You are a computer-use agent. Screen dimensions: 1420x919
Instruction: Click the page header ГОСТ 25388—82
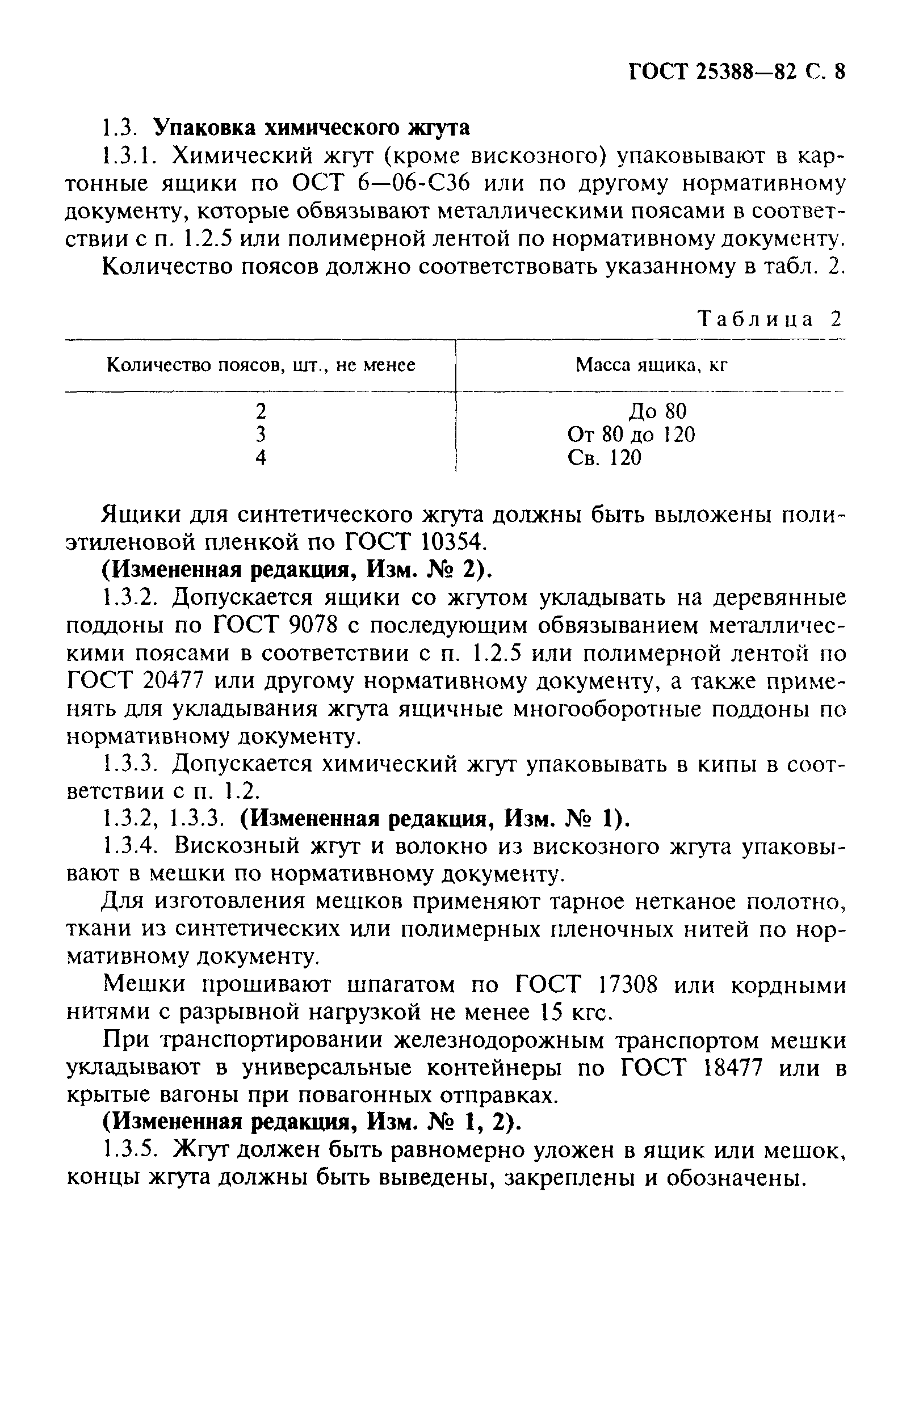click(x=714, y=72)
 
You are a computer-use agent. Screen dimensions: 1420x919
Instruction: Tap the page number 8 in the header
click(x=840, y=72)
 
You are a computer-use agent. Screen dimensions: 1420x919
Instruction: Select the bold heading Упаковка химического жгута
click(x=312, y=128)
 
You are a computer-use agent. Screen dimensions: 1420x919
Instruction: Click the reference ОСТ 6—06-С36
click(x=381, y=184)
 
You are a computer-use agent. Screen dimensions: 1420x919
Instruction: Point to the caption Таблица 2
click(x=770, y=319)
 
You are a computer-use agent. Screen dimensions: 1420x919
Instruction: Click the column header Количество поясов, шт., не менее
click(x=261, y=365)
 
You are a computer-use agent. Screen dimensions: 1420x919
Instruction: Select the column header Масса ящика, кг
click(x=651, y=365)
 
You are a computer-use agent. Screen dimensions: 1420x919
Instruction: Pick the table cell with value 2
click(x=261, y=411)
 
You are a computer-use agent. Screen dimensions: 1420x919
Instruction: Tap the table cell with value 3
click(x=261, y=434)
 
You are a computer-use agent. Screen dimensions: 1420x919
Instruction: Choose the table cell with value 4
click(x=261, y=457)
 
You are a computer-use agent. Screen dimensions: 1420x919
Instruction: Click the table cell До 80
click(x=657, y=411)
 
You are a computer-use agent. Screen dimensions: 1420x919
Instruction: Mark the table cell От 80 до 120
click(x=631, y=434)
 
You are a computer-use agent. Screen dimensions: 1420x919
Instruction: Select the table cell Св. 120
click(x=605, y=457)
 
